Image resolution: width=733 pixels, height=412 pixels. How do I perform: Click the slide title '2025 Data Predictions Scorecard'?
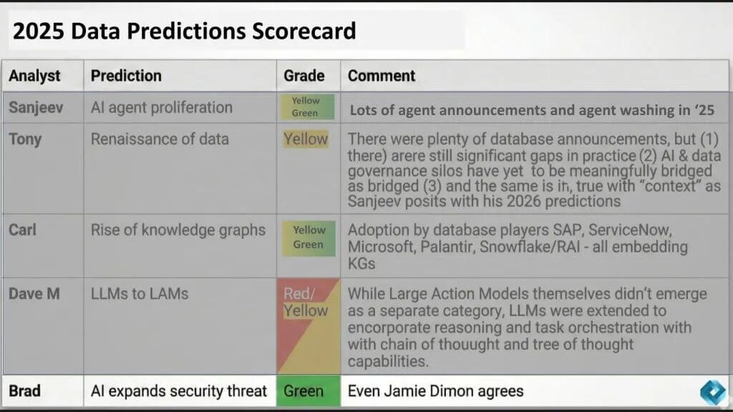[x=184, y=31]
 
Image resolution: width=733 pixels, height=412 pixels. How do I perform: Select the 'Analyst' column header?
[x=34, y=76]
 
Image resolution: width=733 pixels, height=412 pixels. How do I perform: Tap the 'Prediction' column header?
[x=126, y=76]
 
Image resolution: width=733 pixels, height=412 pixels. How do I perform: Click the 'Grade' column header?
[x=304, y=76]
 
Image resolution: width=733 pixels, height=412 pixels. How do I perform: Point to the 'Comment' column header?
[x=382, y=76]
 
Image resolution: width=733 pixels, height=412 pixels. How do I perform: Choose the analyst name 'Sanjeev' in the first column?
[x=36, y=107]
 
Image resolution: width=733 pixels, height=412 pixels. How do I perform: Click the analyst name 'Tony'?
[x=25, y=139]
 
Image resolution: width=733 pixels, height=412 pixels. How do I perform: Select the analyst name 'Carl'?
[x=22, y=230]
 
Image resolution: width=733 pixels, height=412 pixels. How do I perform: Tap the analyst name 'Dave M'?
[x=34, y=294]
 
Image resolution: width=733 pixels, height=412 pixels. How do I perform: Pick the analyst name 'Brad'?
[x=25, y=391]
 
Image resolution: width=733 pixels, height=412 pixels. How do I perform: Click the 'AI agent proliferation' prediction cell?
[x=162, y=107]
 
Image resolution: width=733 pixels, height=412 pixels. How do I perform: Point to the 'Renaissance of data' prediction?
[x=160, y=139]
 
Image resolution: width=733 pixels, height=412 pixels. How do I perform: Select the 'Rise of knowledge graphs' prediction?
[x=178, y=230]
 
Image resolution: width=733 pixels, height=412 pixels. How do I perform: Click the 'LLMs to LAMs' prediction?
[x=140, y=294]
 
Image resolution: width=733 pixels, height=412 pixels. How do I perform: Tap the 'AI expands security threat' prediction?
[x=178, y=391]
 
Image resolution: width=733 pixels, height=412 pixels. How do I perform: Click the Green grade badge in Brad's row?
[x=309, y=391]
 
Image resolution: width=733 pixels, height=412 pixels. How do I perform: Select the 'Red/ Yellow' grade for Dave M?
[x=306, y=303]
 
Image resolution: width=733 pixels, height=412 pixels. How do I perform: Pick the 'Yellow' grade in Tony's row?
[x=306, y=139]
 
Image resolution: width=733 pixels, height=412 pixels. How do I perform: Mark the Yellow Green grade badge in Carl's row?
[x=309, y=238]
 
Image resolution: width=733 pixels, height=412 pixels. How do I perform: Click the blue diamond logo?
[x=713, y=392]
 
